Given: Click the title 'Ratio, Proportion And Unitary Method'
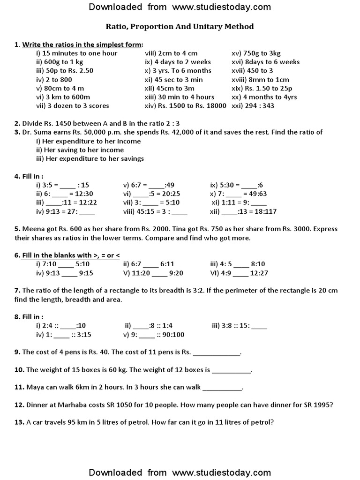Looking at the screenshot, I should (x=180, y=27).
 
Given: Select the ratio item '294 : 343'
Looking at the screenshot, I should (x=257, y=106).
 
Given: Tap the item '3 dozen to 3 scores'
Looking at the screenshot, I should (x=64, y=106).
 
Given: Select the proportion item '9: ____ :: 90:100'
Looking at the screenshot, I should (x=154, y=335).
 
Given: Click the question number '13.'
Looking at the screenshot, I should (x=19, y=422).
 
